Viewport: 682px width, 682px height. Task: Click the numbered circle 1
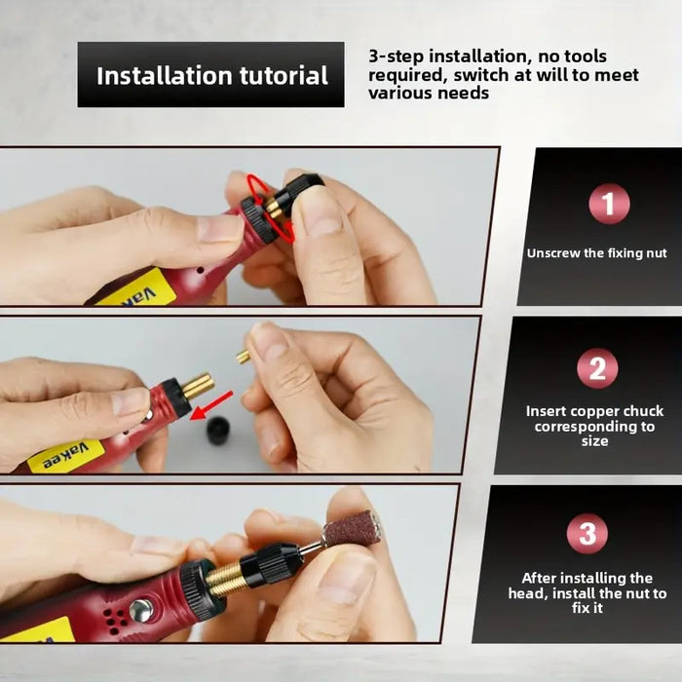tap(609, 204)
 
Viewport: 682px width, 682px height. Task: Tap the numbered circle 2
tap(597, 369)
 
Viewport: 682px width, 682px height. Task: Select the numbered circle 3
tap(587, 533)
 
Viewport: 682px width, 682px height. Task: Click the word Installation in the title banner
tap(165, 76)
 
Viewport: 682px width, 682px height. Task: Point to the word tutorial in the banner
tap(284, 76)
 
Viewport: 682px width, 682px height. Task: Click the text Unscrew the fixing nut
tap(596, 253)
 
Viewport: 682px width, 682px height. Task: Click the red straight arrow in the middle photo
tap(211, 405)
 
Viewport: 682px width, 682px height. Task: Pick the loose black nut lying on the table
tap(218, 431)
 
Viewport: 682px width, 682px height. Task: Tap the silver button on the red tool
tap(141, 611)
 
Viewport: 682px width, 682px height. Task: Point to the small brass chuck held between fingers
tap(243, 357)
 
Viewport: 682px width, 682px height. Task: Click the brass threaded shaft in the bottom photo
tap(225, 576)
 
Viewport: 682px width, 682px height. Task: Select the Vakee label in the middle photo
tap(65, 456)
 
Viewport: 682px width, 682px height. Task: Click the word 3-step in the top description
tap(396, 57)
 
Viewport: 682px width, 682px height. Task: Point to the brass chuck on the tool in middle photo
tap(198, 386)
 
